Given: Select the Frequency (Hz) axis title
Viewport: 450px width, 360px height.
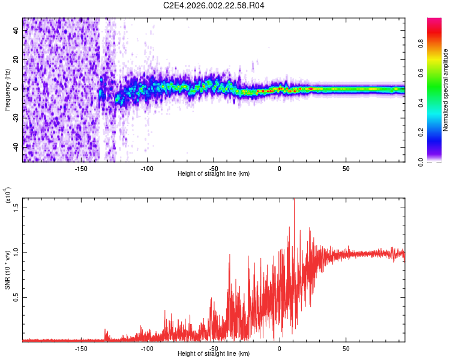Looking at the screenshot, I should (7, 90).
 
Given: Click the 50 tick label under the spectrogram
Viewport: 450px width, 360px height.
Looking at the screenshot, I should (346, 169).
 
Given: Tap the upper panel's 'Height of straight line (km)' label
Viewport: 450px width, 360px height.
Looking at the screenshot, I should (214, 174).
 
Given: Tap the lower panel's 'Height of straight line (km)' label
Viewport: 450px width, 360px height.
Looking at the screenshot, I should (214, 353).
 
